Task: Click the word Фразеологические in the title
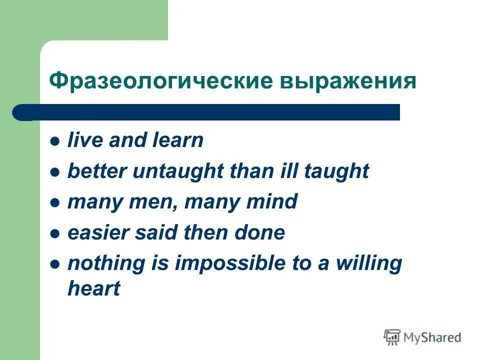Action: (161, 81)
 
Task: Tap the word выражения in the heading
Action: (348, 81)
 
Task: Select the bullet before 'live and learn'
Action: (55, 141)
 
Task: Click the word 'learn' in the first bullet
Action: (178, 140)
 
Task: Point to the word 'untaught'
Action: (178, 171)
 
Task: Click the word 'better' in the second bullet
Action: (97, 171)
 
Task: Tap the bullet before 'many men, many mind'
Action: (55, 203)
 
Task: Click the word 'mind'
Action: (272, 201)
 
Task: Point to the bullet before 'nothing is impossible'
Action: (55, 264)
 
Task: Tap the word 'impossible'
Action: (229, 263)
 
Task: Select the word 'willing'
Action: (369, 264)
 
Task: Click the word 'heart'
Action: (94, 288)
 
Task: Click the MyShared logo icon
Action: (392, 337)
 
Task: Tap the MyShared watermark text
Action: (432, 337)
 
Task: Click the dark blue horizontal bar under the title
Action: (206, 112)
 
